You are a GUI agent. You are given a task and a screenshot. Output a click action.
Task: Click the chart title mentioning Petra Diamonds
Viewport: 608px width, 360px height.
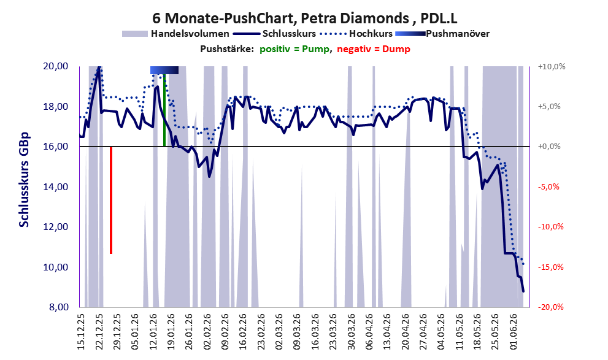(x=304, y=18)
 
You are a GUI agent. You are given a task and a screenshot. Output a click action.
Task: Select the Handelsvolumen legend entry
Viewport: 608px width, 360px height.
(x=175, y=34)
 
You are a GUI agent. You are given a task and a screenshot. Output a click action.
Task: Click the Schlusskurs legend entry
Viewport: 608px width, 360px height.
(x=274, y=34)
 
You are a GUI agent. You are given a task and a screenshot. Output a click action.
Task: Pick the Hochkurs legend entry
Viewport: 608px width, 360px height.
(x=356, y=34)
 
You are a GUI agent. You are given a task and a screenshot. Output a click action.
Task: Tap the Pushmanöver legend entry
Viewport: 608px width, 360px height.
(x=442, y=34)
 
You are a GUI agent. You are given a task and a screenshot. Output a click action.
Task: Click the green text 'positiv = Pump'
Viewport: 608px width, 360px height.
(x=294, y=49)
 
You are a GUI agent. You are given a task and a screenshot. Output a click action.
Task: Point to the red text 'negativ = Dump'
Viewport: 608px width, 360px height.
(x=374, y=49)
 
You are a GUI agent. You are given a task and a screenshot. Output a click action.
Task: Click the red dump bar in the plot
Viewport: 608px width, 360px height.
(x=111, y=200)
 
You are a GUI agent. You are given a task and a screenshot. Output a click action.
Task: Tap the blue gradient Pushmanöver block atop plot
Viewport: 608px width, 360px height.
(x=164, y=70)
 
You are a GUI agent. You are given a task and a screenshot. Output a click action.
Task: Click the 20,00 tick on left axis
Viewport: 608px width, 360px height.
(x=56, y=66)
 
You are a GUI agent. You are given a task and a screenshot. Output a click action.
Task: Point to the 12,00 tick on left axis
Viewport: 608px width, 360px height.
(x=56, y=227)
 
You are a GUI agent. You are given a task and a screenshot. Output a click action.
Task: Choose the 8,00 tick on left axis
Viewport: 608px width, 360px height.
(x=58, y=307)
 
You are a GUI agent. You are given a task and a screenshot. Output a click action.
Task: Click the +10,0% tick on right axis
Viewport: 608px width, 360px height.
(x=552, y=66)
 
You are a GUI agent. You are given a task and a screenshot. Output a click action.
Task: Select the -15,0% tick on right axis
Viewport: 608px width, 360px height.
(x=551, y=267)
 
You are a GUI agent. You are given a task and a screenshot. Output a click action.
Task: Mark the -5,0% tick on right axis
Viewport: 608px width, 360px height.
(x=549, y=187)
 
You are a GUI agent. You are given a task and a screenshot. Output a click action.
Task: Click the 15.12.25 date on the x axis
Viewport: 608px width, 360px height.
(x=81, y=332)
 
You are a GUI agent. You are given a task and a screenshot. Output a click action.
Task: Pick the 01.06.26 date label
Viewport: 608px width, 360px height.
(x=514, y=332)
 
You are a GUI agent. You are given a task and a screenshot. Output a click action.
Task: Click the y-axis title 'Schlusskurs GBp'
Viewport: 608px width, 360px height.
(x=24, y=180)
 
